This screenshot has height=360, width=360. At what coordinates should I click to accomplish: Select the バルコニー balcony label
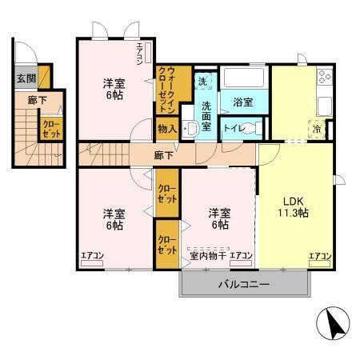click(244, 284)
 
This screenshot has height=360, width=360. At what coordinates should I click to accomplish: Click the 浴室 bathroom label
click(243, 102)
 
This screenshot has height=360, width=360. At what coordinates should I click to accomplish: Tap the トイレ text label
click(234, 128)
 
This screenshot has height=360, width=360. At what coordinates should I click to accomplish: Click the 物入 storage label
click(166, 128)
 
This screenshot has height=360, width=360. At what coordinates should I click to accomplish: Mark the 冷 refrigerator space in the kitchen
click(318, 129)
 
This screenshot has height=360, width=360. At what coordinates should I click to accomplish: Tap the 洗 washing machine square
click(203, 82)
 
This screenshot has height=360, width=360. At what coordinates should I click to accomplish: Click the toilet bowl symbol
click(254, 128)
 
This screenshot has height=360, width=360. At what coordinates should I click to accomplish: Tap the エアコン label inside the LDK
click(320, 256)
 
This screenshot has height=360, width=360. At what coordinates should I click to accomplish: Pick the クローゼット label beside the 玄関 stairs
click(50, 128)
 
